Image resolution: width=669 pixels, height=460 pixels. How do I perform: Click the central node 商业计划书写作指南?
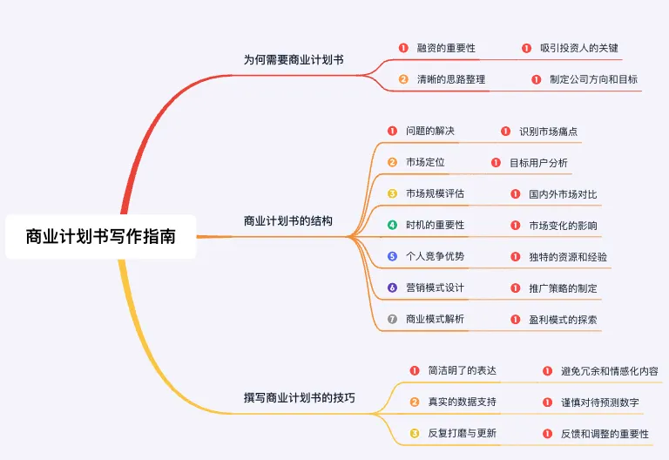[100, 236]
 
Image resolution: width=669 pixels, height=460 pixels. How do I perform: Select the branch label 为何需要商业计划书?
[294, 60]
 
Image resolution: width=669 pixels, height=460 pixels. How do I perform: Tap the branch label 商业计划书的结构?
[288, 220]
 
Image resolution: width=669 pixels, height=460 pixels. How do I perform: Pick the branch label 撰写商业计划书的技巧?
[300, 398]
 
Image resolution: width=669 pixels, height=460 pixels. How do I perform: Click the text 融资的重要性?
[446, 48]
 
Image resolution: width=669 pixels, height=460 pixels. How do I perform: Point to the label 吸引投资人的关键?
[578, 48]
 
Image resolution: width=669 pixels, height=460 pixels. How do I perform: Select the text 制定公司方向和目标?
[593, 79]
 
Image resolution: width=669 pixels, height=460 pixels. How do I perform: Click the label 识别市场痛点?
[548, 132]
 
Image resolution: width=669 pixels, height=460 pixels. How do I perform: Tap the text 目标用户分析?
[538, 162]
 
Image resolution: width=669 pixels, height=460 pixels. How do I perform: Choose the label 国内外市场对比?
[563, 193]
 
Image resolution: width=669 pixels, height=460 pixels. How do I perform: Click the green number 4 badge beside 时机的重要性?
[393, 225]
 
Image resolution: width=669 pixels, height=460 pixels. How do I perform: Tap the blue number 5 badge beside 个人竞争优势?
[393, 256]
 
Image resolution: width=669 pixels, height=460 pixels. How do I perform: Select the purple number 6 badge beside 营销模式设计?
[393, 287]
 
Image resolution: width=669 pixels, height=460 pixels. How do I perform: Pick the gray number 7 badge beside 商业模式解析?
[393, 319]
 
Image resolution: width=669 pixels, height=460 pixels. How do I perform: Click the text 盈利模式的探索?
[563, 320]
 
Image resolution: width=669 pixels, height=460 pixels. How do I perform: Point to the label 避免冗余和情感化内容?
[610, 371]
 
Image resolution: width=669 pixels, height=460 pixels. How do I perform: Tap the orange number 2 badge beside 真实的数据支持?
[415, 402]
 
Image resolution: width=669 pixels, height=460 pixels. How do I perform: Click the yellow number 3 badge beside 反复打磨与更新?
[415, 433]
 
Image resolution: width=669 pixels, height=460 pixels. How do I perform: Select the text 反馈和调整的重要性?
[605, 433]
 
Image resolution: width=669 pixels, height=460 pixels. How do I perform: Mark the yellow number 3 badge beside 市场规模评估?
[393, 193]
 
